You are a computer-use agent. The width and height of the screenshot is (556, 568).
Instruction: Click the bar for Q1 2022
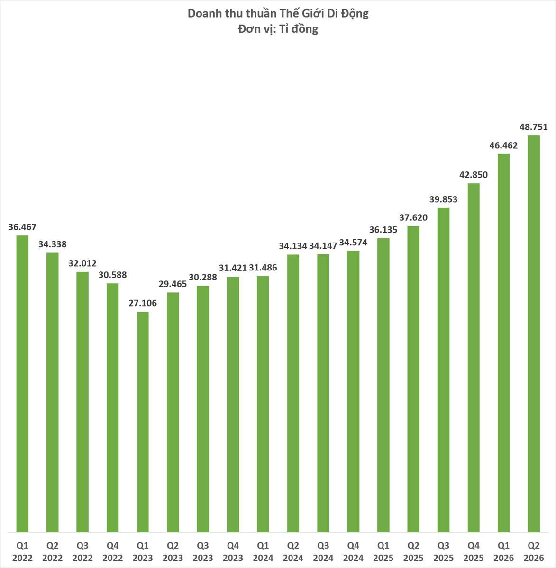coord(22,384)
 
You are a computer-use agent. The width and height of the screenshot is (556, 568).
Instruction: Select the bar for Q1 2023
coord(143,422)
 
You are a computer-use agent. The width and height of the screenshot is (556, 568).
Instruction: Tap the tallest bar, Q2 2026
coord(534,334)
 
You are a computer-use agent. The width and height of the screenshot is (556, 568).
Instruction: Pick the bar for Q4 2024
coord(354,392)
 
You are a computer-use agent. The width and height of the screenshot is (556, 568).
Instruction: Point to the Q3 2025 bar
coord(444,370)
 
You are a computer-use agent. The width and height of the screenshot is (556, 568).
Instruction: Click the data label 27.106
coord(143,303)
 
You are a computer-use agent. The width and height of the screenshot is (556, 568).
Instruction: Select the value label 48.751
coord(534,127)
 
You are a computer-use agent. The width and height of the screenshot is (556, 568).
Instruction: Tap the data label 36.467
coord(22,227)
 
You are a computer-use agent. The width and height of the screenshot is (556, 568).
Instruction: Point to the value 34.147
coord(323,246)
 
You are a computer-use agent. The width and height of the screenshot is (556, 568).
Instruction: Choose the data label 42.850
coord(474,175)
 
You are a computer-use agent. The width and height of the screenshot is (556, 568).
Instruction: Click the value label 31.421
coord(233,268)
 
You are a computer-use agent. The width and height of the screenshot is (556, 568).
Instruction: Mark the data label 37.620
coord(413,218)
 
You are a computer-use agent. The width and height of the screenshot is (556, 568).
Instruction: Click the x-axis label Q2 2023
coord(173,552)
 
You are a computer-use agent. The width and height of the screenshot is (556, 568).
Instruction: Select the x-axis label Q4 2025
coord(474,552)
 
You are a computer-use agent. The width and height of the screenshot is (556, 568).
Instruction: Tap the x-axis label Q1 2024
coord(263,552)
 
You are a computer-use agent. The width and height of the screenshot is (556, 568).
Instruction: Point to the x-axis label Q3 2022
coord(82,552)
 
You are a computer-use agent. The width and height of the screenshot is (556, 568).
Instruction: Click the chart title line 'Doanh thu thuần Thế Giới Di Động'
coord(278,14)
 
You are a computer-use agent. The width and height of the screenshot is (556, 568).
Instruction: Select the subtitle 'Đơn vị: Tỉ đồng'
coord(278,29)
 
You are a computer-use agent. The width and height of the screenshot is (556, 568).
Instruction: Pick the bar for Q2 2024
coord(293,393)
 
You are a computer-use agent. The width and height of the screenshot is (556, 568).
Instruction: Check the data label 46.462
coord(504,145)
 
